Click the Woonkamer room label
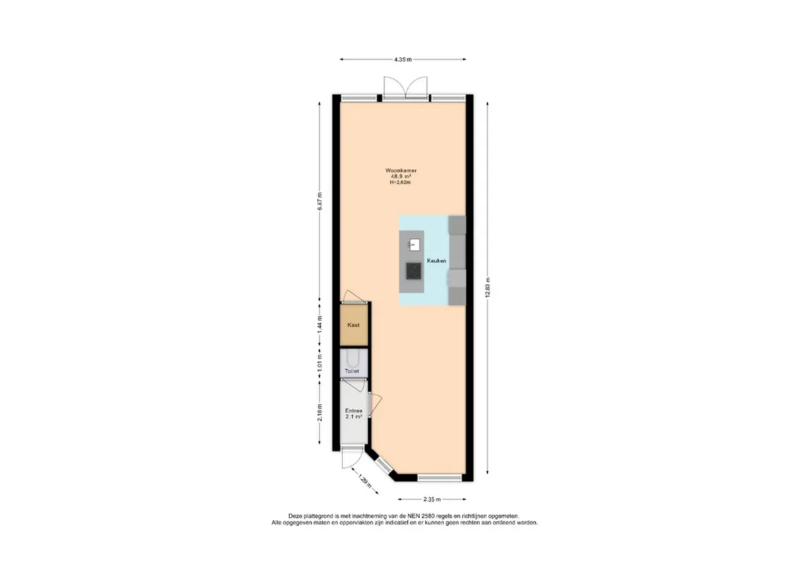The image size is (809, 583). pos(401,170)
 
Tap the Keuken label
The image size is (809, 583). pos(437,261)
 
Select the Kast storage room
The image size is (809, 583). pos(354,325)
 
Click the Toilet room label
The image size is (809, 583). pos(352,371)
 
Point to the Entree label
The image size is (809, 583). pos(353,411)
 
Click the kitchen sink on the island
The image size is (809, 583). pos(414,245)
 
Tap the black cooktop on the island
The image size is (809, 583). pos(413,271)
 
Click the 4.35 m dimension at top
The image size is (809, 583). pos(403,59)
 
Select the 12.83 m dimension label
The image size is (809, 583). pos(488,288)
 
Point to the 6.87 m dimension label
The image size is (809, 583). pos(319,201)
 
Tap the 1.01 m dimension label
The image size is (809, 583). pos(319,363)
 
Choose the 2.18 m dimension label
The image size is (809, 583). pos(319,412)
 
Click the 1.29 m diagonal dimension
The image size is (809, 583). pos(365,481)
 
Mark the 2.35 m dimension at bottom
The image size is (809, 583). pos(432,499)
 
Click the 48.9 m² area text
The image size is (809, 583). pos(401,176)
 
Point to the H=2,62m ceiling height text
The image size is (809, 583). pos(401,182)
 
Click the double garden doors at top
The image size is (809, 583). pos(406,87)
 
